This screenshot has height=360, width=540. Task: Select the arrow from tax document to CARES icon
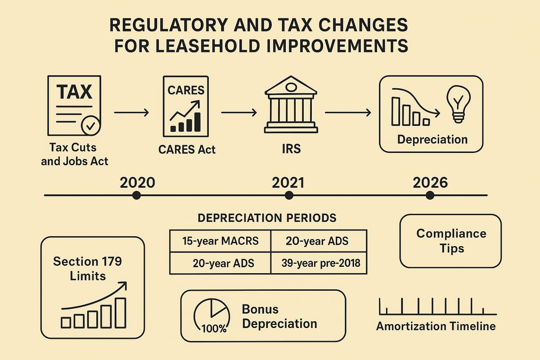coord(131,112)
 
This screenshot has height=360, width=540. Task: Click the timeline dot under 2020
coord(137,195)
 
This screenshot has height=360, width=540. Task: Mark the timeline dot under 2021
coord(289,195)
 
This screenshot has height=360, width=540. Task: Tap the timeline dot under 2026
coord(430,195)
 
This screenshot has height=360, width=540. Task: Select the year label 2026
coord(430,182)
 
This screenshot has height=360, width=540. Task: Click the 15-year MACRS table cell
coord(220,241)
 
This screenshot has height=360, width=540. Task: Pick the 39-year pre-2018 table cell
coord(319,263)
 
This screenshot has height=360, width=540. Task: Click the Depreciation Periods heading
coord(267,218)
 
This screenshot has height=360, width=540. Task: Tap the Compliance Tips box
coord(450,241)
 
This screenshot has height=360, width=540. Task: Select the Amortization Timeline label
coord(436,326)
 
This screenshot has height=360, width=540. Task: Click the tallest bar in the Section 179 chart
coord(121,312)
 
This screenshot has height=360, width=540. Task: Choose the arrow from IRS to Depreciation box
coord(348,112)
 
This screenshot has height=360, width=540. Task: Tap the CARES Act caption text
coord(187,149)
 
